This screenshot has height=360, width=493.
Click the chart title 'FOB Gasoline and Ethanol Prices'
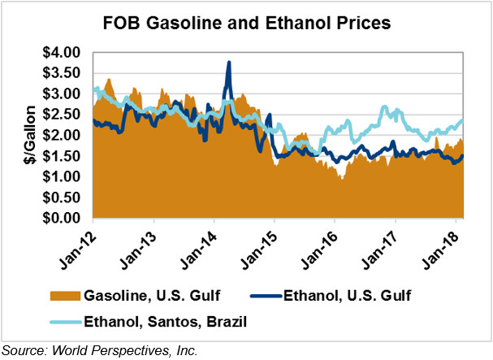click(x=246, y=23)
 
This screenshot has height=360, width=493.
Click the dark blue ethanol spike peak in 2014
click(x=229, y=63)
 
